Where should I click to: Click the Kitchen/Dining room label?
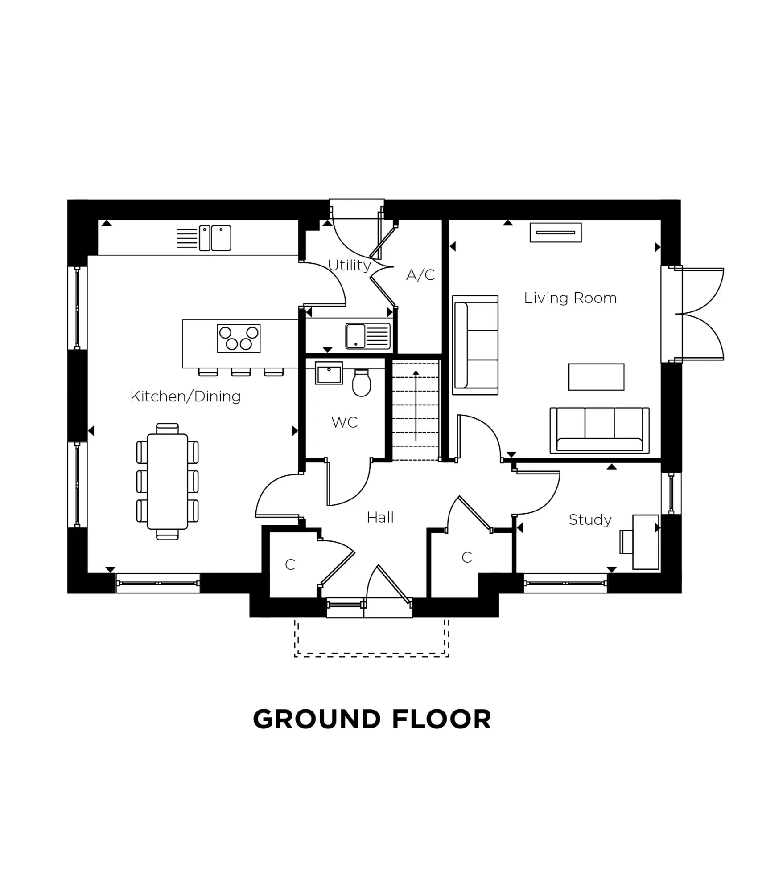[x=185, y=396]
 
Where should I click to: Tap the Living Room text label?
[x=570, y=298]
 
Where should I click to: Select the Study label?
[x=589, y=519]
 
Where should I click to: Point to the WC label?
[x=344, y=422]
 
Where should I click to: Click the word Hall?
[x=380, y=517]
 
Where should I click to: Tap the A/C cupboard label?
[x=420, y=275]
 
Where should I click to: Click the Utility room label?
[x=349, y=266]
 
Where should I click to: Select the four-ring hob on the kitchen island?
[x=239, y=338]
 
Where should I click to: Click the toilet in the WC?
[x=361, y=384]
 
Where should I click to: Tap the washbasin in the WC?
[x=329, y=373]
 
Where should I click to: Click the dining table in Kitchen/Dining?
[x=167, y=481]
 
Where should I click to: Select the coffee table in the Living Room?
[x=596, y=377]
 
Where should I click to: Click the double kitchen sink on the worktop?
[x=215, y=238]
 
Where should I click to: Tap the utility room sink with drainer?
[x=367, y=336]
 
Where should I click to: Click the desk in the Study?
[x=645, y=542]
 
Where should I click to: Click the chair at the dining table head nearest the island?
[x=167, y=429]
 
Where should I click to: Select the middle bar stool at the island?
[x=241, y=372]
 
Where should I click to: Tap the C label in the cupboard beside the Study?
[x=466, y=557]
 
